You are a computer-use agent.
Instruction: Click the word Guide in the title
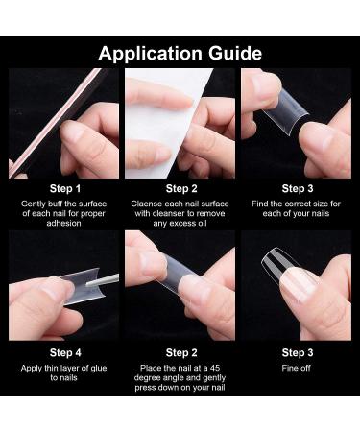[235, 53]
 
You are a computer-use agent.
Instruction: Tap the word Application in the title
[150, 54]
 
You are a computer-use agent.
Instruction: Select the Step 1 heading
[65, 189]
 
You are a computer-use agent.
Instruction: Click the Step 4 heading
[65, 352]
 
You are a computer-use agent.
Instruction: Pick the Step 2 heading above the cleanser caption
[181, 189]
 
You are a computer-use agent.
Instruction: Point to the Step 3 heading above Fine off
[298, 352]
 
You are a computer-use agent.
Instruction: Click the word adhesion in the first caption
[63, 223]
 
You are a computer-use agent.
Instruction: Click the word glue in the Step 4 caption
[98, 368]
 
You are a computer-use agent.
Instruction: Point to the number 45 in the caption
[214, 368]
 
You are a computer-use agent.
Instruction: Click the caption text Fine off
[297, 368]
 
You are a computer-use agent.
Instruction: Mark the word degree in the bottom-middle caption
[146, 378]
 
